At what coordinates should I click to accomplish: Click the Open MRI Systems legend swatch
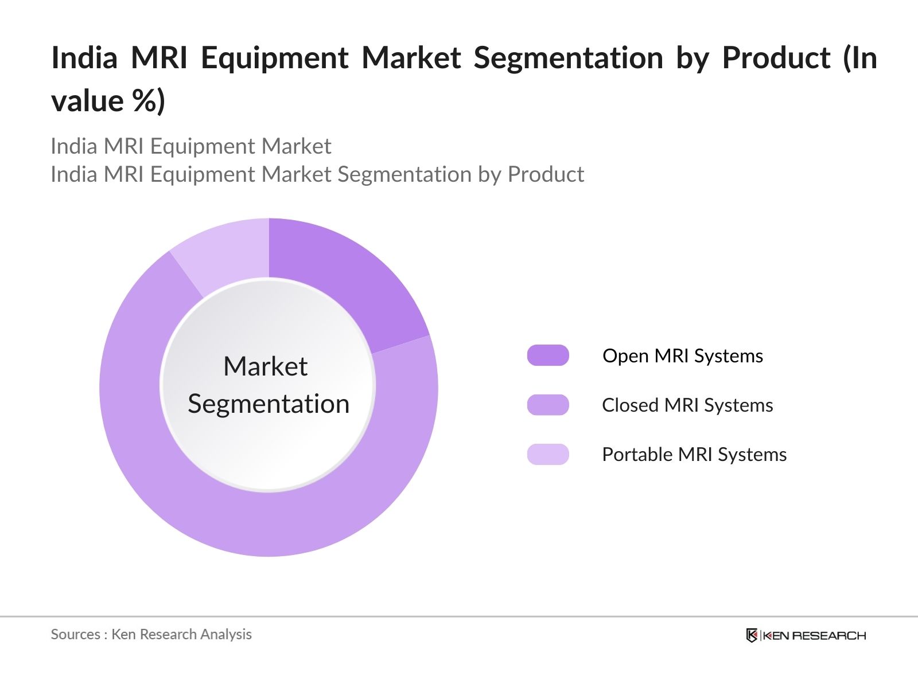548,355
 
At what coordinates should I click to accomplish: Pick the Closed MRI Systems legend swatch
548,405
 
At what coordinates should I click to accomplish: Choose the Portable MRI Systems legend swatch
548,454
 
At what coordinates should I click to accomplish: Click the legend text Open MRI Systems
682,356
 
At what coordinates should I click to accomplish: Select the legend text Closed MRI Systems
687,405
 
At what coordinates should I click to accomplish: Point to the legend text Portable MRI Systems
694,455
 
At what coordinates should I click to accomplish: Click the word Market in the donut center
265,366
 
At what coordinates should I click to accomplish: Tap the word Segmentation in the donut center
269,404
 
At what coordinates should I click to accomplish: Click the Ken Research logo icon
752,635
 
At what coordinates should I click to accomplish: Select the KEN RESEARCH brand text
814,635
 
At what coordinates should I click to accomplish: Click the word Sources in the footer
75,634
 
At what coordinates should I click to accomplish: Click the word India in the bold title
84,58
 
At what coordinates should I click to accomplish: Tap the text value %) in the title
108,101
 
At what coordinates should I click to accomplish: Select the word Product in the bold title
776,58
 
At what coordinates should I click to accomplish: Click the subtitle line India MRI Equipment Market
191,146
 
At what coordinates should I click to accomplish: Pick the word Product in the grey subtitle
546,174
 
